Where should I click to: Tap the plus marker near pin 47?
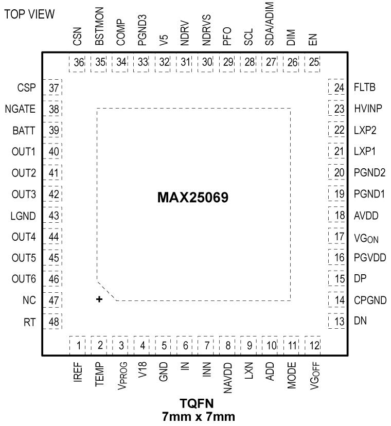pos(99,299)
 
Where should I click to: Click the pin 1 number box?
pos(79,345)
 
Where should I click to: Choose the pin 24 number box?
pos(338,87)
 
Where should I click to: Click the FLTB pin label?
pos(365,87)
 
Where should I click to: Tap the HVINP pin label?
pos(367,109)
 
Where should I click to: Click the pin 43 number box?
pos(53,216)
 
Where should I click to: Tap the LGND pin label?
pos(23,216)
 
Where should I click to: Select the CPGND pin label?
pos(369,300)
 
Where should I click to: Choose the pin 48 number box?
pos(53,322)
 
